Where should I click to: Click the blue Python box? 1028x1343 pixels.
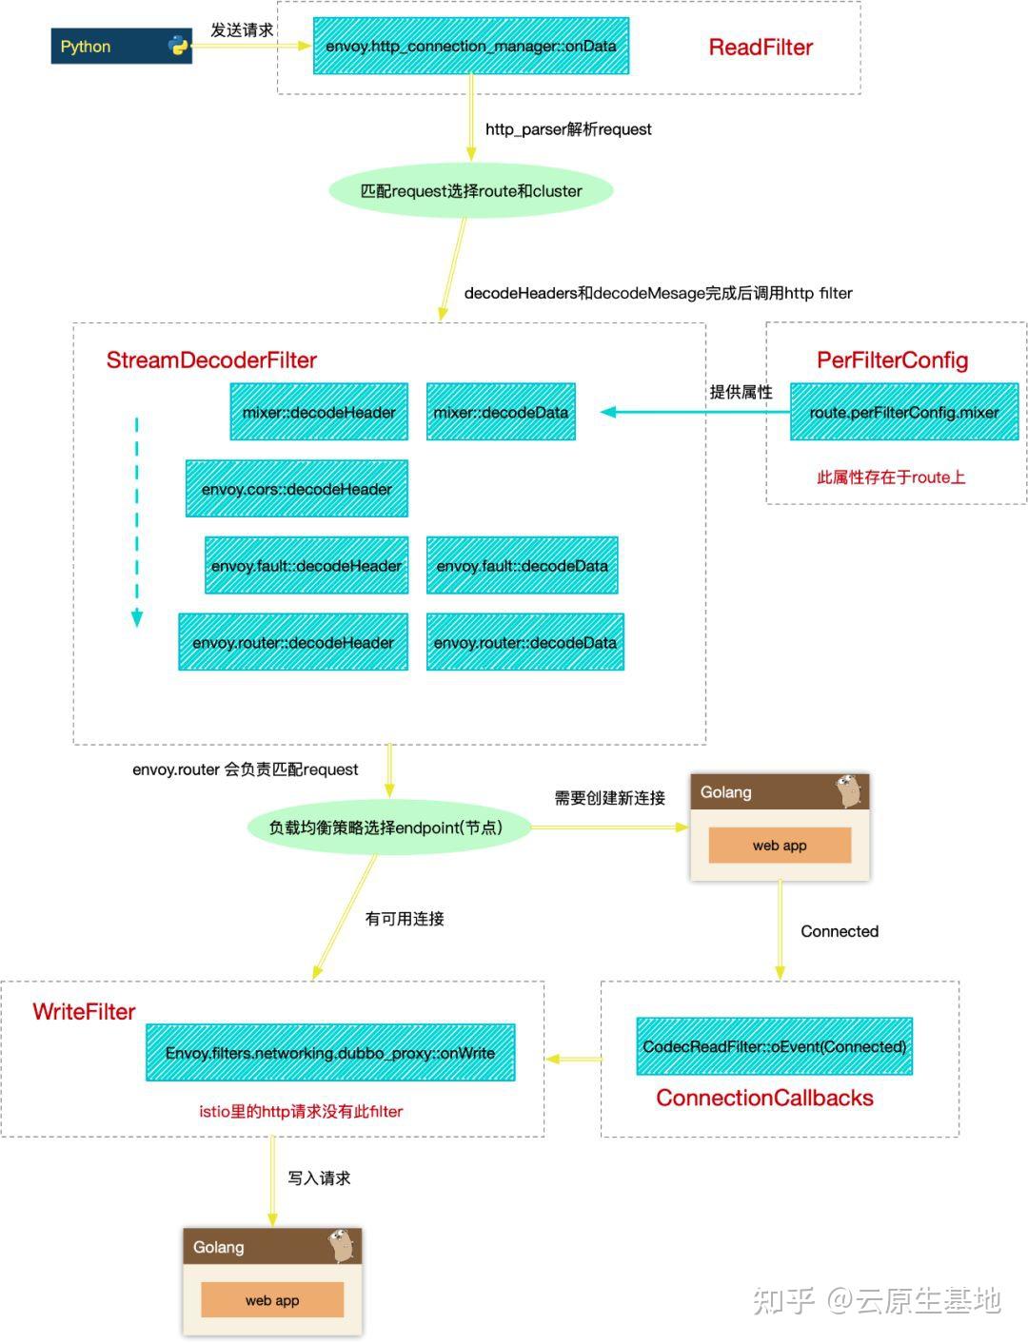tap(121, 47)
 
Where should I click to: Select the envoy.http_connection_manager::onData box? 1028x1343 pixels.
tap(471, 47)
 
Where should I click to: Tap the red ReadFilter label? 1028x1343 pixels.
tap(761, 48)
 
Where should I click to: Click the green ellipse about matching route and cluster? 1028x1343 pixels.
tap(471, 191)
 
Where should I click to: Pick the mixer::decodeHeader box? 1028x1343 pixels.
tap(319, 412)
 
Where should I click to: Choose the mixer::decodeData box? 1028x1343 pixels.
tap(501, 412)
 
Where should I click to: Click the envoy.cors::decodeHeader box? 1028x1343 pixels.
tap(297, 489)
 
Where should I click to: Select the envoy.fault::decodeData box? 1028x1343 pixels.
tap(522, 566)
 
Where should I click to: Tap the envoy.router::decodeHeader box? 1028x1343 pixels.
tap(293, 643)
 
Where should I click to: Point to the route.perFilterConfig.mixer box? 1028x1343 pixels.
tap(904, 412)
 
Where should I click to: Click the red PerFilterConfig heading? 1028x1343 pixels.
tap(892, 360)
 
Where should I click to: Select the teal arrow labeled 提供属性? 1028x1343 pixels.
tap(695, 412)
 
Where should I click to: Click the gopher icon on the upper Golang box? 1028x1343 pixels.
tap(849, 790)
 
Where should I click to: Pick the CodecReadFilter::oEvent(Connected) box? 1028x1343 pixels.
tap(774, 1046)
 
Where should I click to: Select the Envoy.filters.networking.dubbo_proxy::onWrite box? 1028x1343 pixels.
tap(330, 1053)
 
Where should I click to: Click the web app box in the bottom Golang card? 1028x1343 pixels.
tap(272, 1300)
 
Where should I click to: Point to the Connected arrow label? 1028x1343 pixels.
tap(839, 931)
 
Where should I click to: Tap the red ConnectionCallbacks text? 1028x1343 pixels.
tap(764, 1098)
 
